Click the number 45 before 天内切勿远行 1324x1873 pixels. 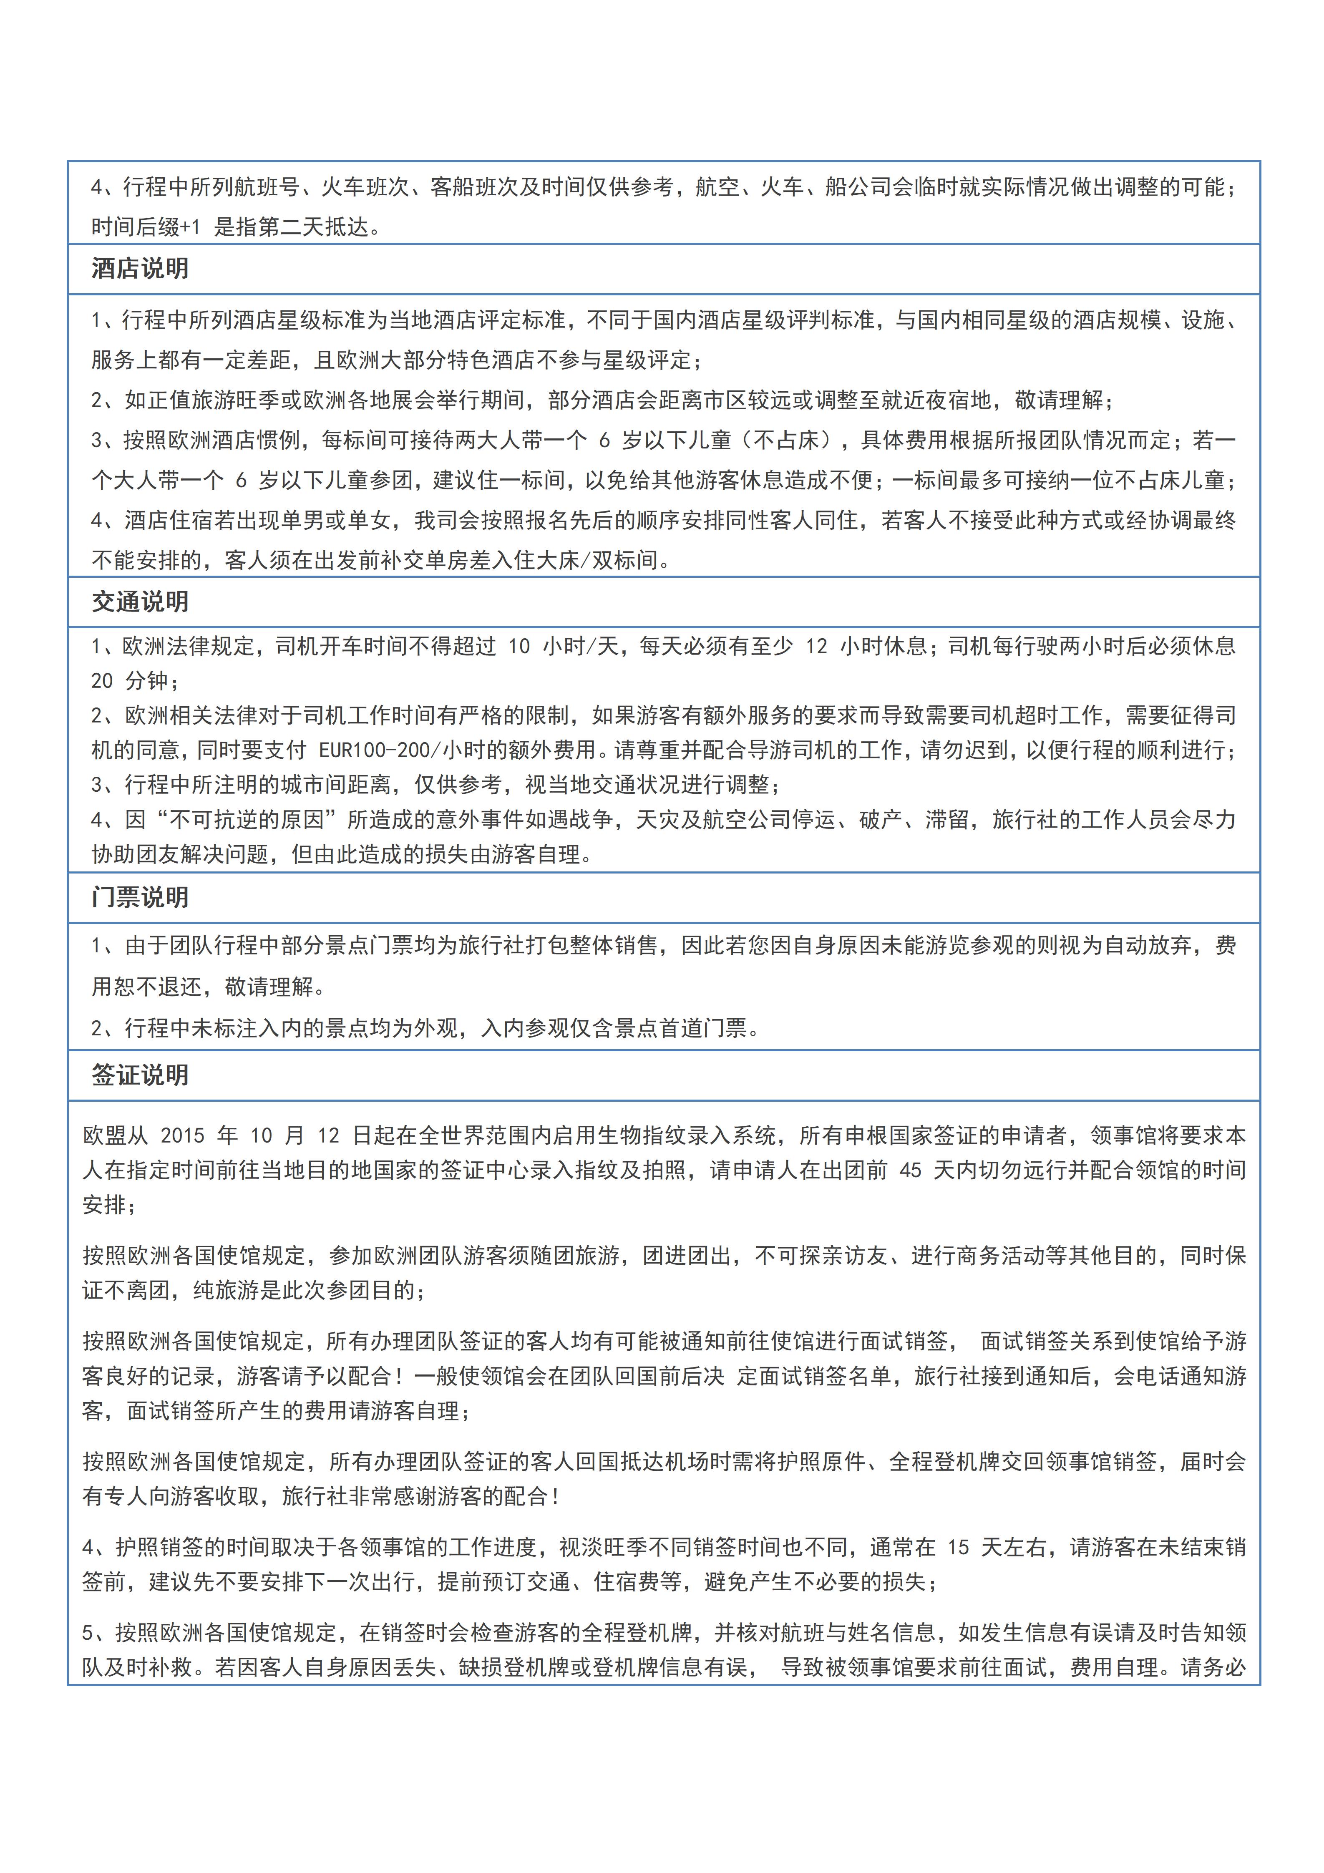910,1170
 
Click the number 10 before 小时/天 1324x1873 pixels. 519,646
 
